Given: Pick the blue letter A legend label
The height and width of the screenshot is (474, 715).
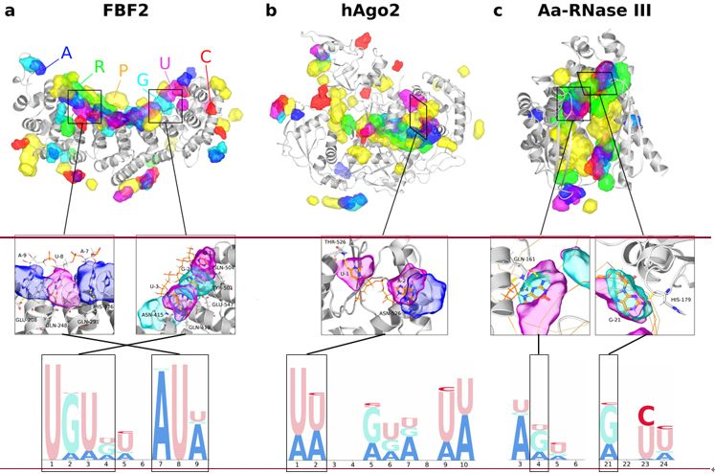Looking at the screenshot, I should click(66, 53).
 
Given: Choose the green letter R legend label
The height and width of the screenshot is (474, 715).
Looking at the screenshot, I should click(99, 67).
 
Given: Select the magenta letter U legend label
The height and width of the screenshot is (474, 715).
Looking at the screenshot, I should click(165, 64).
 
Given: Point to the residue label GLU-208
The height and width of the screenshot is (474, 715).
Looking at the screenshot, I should click(27, 319).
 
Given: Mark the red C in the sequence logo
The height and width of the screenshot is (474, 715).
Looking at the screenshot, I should click(646, 416).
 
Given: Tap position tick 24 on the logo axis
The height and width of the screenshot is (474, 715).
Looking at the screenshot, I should click(662, 464).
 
